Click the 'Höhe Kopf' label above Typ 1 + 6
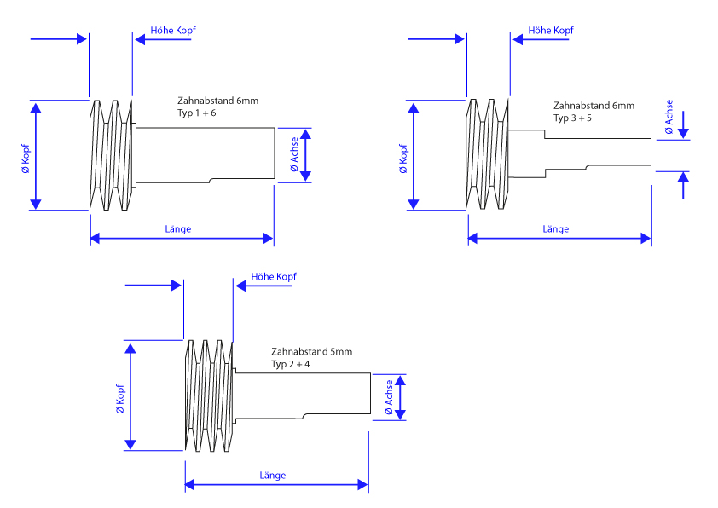click(173, 31)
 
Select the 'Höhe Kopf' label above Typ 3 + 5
click(551, 31)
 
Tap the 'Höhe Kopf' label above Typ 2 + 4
click(274, 277)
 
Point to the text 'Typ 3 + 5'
click(572, 118)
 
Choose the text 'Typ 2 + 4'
click(291, 364)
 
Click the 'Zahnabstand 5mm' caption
click(311, 351)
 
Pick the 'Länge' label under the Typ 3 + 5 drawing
click(555, 229)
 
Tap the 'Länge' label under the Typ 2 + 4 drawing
click(273, 475)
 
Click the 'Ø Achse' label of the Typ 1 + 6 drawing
click(294, 154)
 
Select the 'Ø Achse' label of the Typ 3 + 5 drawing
click(669, 117)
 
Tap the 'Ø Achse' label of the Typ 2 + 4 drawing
click(389, 397)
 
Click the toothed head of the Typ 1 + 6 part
click(112, 154)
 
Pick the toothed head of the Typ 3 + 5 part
click(488, 154)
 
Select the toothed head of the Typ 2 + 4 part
click(209, 396)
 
